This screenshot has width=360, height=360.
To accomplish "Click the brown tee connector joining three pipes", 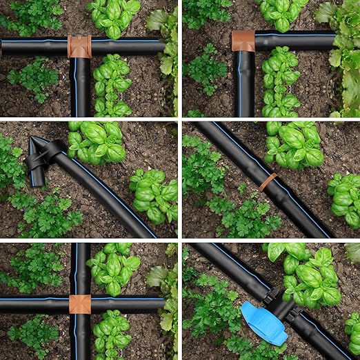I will click(79, 46).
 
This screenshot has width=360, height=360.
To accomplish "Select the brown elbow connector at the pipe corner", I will click(243, 41).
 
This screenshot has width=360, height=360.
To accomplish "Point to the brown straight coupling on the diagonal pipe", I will click(268, 182).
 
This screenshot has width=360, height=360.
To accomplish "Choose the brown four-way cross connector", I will click(80, 304).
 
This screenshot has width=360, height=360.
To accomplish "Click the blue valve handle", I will click(264, 322).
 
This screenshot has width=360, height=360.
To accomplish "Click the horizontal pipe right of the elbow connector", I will click(297, 40).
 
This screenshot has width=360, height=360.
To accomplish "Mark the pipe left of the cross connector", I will click(34, 304).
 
